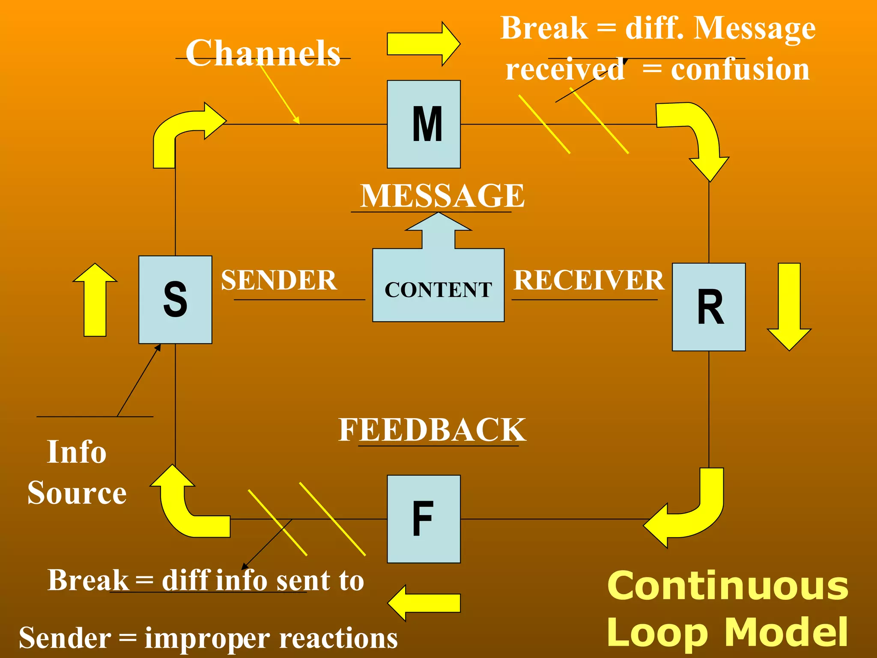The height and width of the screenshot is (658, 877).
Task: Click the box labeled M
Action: [x=424, y=124]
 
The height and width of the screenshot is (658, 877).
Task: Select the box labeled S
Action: [x=175, y=300]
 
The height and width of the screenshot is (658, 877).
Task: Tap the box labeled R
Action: [x=709, y=307]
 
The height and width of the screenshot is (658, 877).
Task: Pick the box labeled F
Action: [x=424, y=519]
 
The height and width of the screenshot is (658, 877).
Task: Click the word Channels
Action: [x=263, y=53]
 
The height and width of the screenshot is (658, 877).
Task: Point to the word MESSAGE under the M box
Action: [x=442, y=196]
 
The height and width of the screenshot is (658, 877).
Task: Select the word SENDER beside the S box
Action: [x=279, y=280]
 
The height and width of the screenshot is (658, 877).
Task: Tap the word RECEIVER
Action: [x=588, y=280]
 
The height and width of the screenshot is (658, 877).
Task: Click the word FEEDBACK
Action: [x=432, y=430]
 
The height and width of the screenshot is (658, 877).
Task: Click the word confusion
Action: [x=740, y=69]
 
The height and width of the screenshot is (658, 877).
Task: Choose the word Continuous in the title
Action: [x=728, y=586]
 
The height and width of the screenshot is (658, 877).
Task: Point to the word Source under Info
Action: [x=77, y=493]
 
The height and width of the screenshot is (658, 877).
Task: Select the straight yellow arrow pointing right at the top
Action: [x=423, y=44]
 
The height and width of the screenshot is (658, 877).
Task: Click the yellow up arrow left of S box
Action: [x=95, y=300]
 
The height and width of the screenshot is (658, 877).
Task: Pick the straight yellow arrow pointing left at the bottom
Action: [x=424, y=603]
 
